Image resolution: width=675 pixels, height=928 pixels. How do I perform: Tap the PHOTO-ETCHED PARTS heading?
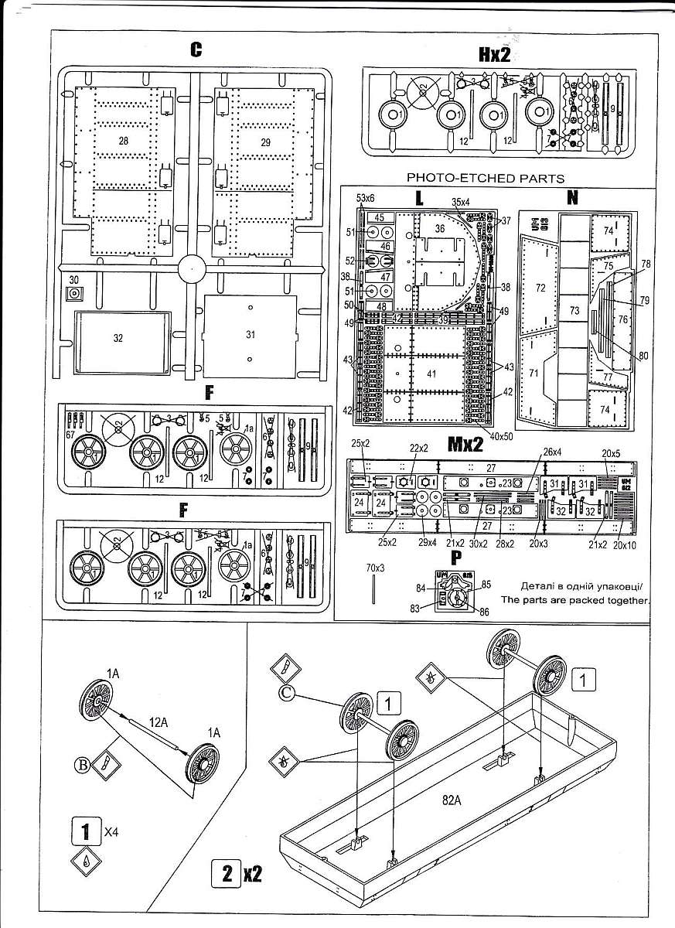pyautogui.click(x=486, y=178)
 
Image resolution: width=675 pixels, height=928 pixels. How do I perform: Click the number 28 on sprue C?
pyautogui.click(x=124, y=141)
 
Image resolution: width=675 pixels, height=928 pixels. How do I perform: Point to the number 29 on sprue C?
pyautogui.click(x=265, y=142)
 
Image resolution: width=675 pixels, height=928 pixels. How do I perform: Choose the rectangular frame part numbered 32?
pyautogui.click(x=118, y=338)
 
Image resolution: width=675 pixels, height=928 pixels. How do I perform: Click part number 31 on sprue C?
pyautogui.click(x=249, y=335)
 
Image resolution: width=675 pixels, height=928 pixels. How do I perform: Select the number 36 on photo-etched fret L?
pyautogui.click(x=440, y=229)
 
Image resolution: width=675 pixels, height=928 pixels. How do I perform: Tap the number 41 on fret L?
pyautogui.click(x=430, y=373)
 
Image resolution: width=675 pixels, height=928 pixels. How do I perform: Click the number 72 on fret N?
pyautogui.click(x=540, y=288)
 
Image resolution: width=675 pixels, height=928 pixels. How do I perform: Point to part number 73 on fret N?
pyautogui.click(x=574, y=310)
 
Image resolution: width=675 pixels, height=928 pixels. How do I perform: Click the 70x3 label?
pyautogui.click(x=376, y=568)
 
